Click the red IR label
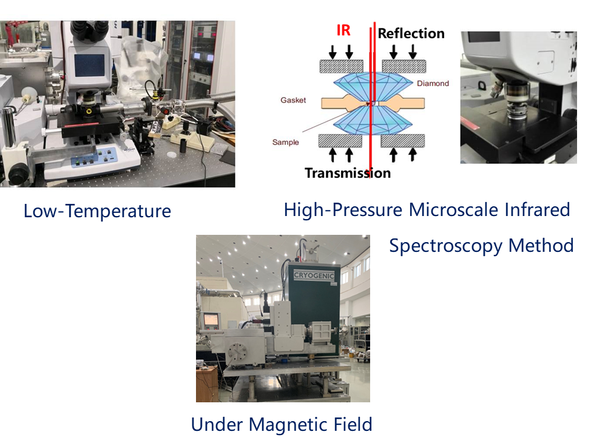pos(343,30)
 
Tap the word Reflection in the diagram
pos(411,33)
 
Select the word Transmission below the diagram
pos(348,173)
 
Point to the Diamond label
pos(433,83)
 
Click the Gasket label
pos(293,100)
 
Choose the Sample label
pos(285,142)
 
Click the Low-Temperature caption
pos(97,211)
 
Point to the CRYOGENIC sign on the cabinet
pos(314,275)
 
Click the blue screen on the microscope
pos(89,65)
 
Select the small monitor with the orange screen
pos(211,320)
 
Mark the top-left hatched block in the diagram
pos(341,66)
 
